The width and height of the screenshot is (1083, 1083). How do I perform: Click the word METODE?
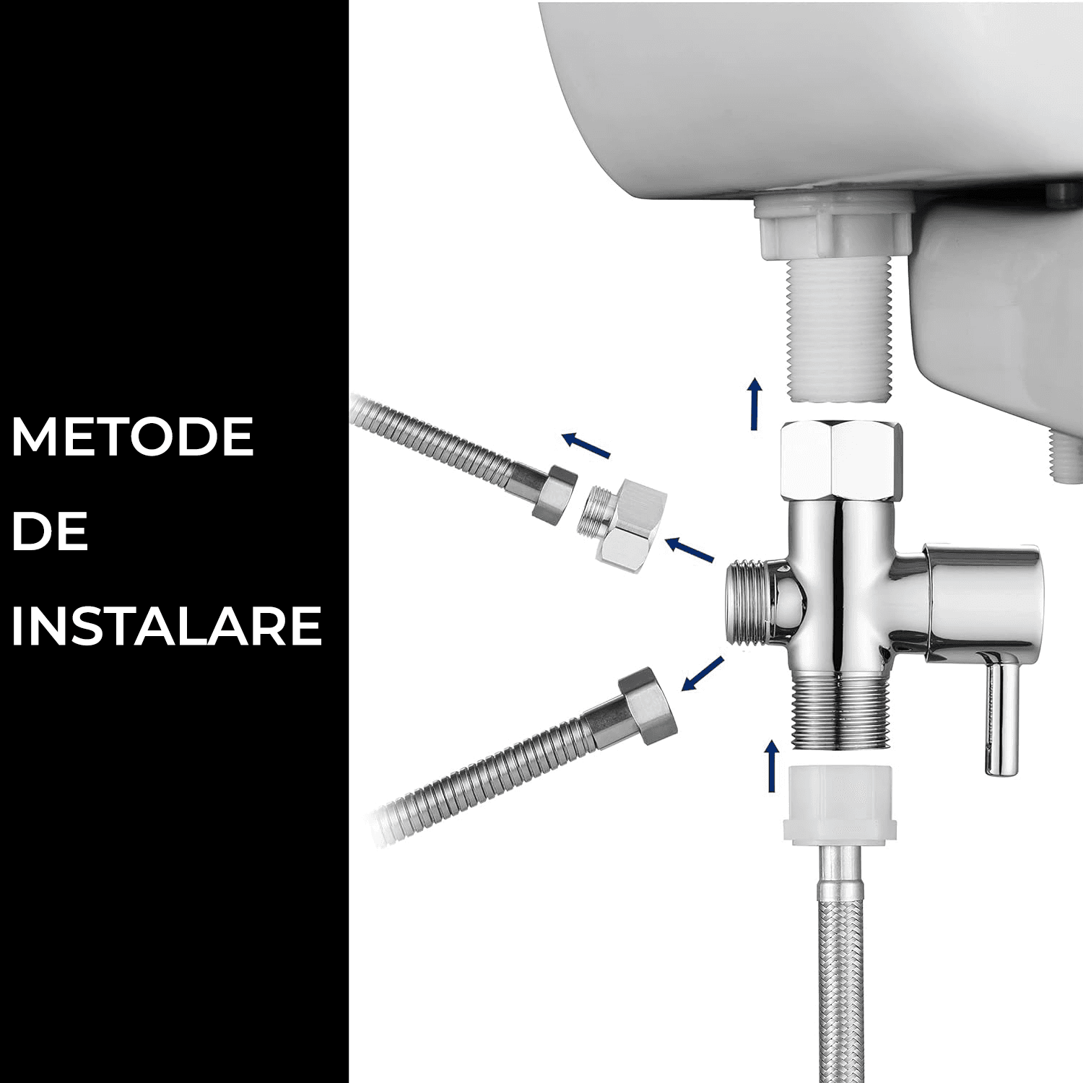[x=132, y=436]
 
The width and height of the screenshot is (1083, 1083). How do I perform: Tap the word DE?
[x=50, y=531]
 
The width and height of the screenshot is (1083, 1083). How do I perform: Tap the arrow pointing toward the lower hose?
[x=702, y=674]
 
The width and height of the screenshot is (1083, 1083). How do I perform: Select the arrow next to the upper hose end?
[x=586, y=445]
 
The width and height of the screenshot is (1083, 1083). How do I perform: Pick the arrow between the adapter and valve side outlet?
[x=689, y=549]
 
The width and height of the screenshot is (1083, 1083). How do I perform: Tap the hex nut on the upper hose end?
[x=554, y=492]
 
